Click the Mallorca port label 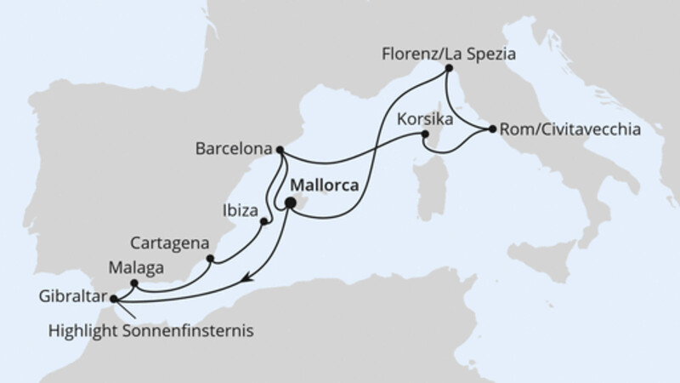(x=326, y=186)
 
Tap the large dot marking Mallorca (x=291, y=203)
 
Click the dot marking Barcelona (x=280, y=151)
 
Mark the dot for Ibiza (x=264, y=222)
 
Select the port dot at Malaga (x=133, y=283)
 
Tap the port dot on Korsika (x=428, y=134)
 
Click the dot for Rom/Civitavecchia (x=492, y=130)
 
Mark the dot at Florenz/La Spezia (x=447, y=74)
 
